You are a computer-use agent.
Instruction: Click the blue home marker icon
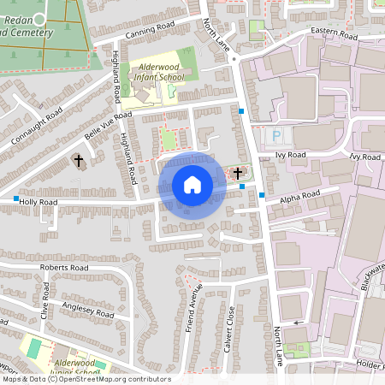pyautogui.click(x=192, y=185)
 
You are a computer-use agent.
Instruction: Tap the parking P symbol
pyautogui.click(x=275, y=136)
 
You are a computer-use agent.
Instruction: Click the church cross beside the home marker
pyautogui.click(x=237, y=174)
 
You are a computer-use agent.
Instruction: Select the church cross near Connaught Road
pyautogui.click(x=79, y=160)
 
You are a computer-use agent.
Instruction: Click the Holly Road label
pyautogui.click(x=38, y=202)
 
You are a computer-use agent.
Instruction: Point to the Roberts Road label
pyautogui.click(x=64, y=268)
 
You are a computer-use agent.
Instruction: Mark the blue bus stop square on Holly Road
pyautogui.click(x=16, y=198)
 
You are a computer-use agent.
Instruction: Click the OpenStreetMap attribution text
pyautogui.click(x=86, y=379)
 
